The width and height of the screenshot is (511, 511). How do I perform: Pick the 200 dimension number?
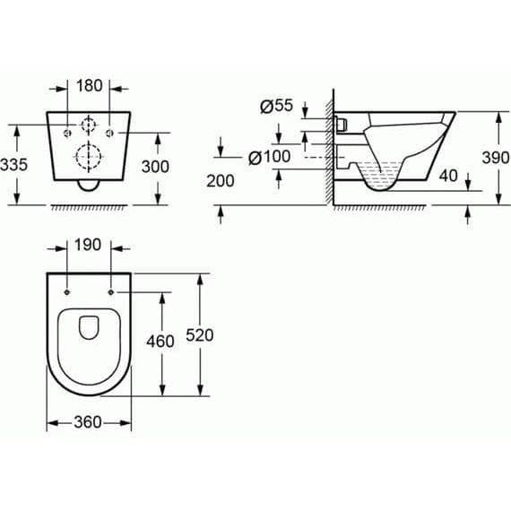[220, 181]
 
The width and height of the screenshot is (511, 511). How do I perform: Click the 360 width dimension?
[90, 422]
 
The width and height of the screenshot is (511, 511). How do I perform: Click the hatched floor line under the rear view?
[89, 207]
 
